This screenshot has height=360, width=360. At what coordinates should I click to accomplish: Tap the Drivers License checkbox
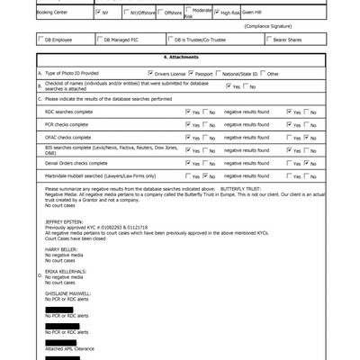150,71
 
